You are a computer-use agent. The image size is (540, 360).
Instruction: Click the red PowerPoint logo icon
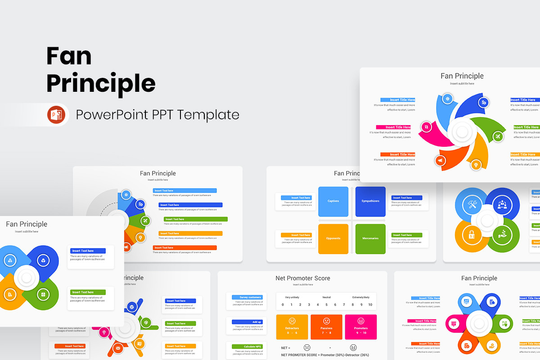point(56,115)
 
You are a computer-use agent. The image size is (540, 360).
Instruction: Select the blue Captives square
point(333,201)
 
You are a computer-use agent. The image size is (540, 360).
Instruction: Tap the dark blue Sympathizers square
point(370,201)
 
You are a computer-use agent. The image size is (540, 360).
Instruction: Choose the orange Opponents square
point(333,238)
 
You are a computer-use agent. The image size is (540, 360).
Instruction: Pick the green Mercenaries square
point(370,238)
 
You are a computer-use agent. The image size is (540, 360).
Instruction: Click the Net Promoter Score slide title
point(303,278)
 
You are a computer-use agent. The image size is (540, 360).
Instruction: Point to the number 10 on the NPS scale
point(370,305)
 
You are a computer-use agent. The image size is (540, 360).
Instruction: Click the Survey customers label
point(247,297)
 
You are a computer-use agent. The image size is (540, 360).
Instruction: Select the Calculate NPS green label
point(247,346)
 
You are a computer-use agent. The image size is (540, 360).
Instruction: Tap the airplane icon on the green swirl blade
point(498,136)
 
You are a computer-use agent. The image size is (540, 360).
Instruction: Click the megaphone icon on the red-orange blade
point(440,160)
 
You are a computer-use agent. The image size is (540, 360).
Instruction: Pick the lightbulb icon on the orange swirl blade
point(475,165)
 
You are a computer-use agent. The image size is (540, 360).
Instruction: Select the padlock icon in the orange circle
point(471,234)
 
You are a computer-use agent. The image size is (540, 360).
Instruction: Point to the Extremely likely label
point(361,297)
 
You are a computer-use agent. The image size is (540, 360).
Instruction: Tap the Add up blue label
point(247,322)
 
